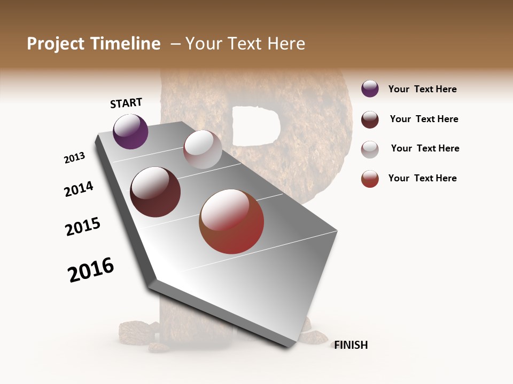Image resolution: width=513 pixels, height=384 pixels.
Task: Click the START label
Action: click(x=126, y=103)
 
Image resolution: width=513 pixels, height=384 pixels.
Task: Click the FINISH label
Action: click(x=351, y=345)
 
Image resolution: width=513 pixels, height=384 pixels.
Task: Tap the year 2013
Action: click(x=74, y=158)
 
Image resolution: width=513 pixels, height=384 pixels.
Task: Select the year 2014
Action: click(x=79, y=189)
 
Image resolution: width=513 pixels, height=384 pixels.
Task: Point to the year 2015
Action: click(x=83, y=227)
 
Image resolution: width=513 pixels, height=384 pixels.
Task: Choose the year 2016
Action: click(x=91, y=270)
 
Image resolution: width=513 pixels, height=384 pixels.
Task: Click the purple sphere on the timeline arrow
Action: click(x=130, y=132)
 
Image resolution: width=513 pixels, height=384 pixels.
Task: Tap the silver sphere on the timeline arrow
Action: click(x=203, y=149)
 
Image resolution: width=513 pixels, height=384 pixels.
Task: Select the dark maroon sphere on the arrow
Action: click(x=155, y=192)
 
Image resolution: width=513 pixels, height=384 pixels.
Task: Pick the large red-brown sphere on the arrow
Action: click(x=231, y=222)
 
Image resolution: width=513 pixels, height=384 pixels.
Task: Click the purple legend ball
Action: click(x=370, y=89)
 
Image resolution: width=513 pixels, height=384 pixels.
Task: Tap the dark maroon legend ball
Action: click(x=370, y=119)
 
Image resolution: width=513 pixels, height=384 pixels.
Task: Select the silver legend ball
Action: click(x=370, y=149)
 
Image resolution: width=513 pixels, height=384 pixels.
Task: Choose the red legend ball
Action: click(x=370, y=179)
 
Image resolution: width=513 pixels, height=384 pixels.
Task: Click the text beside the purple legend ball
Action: click(x=422, y=90)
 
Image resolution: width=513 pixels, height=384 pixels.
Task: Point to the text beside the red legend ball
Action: click(x=422, y=178)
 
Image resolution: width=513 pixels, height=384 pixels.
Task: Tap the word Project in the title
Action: click(x=56, y=44)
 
